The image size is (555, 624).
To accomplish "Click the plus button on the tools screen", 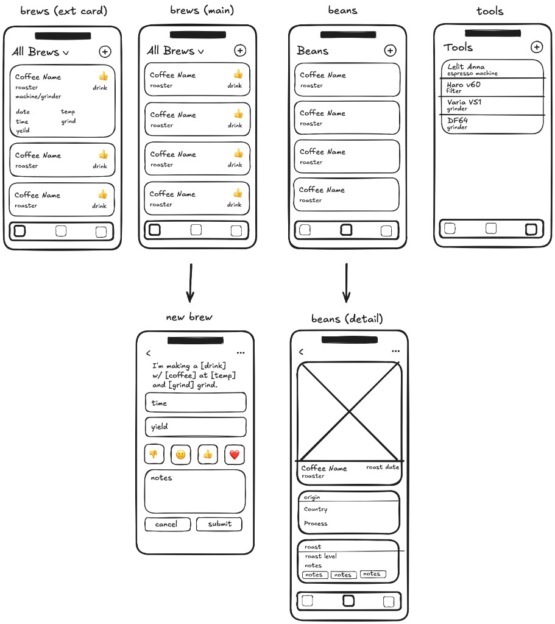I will coord(536,47).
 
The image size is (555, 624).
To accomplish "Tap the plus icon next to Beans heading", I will coord(391,51).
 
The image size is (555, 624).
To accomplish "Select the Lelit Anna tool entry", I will coord(492,69).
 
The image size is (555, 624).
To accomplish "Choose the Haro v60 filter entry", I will coord(492,87).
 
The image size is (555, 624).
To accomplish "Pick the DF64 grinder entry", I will coord(492,124).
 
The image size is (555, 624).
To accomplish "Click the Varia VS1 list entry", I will coord(492,105).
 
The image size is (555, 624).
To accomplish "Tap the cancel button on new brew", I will coord(167,524).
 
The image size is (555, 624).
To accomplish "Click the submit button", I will coord(219,524).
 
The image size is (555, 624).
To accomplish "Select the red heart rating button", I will coord(235,454).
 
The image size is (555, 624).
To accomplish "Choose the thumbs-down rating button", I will coord(154,454).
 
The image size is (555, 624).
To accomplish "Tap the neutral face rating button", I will coord(181,454).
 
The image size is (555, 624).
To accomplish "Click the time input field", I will coord(196,403).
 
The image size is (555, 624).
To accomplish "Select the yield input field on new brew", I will coord(196,427).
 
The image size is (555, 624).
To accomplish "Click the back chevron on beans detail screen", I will coord(301,352).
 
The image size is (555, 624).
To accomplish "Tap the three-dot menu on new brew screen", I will coord(241,353).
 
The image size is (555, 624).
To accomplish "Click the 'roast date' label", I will coord(383,467).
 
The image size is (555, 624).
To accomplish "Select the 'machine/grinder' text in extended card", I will coord(38,96).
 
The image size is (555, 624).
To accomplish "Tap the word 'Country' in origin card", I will coord(316,509).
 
